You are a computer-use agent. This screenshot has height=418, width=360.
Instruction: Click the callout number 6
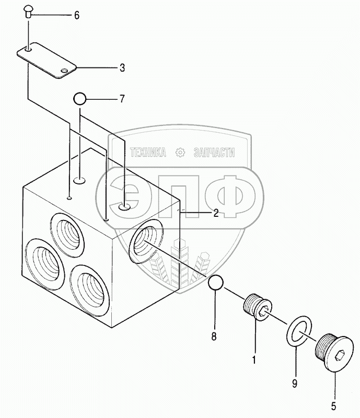tap(77, 15)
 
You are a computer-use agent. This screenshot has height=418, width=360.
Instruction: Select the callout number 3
tap(122, 67)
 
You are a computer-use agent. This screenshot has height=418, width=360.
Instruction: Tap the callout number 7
tap(122, 98)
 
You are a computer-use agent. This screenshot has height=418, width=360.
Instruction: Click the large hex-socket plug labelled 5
tap(333, 353)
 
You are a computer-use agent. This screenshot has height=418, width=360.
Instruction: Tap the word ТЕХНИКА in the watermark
tap(148, 153)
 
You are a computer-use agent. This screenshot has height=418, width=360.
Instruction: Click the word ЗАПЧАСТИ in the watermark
tap(214, 153)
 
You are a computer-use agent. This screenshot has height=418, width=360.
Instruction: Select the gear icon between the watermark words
tap(181, 153)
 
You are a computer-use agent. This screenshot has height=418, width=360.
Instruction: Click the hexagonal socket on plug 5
tap(339, 358)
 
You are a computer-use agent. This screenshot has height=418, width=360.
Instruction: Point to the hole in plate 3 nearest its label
tap(64, 71)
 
